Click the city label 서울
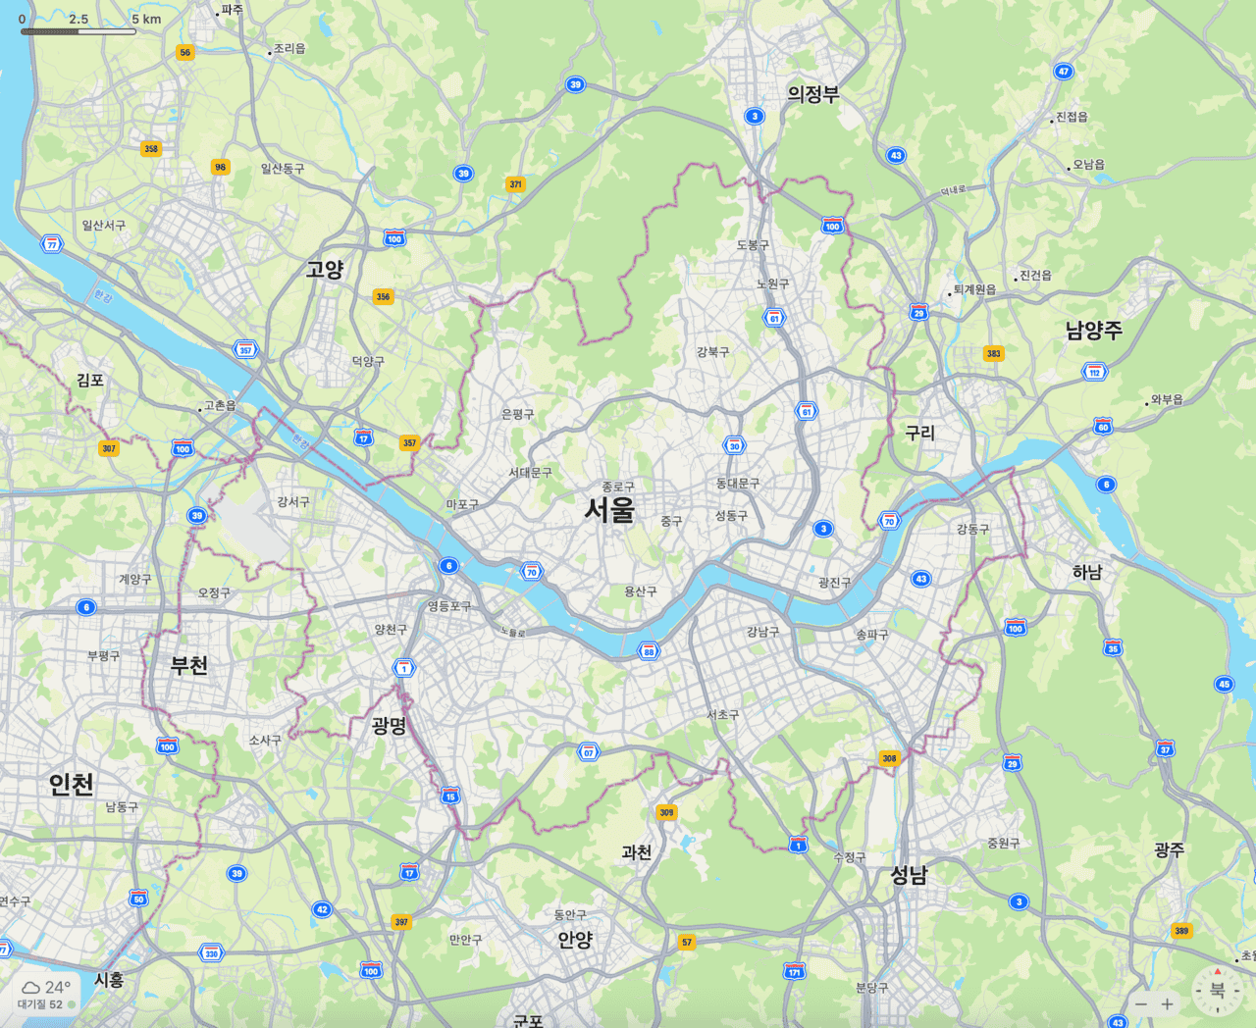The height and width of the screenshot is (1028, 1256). pyautogui.click(x=609, y=509)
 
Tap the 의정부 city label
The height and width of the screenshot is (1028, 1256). pyautogui.click(x=812, y=94)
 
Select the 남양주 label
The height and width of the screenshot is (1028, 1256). pyautogui.click(x=1093, y=331)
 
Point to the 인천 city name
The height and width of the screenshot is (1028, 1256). pyautogui.click(x=72, y=784)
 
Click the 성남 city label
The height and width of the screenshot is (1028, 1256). pyautogui.click(x=908, y=875)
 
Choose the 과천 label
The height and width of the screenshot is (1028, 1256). pyautogui.click(x=636, y=852)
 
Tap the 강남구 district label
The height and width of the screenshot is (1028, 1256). pyautogui.click(x=762, y=632)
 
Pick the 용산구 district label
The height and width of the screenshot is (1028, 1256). pyautogui.click(x=640, y=591)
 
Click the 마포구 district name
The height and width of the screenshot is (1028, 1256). pyautogui.click(x=462, y=504)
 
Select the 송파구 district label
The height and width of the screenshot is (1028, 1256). pyautogui.click(x=871, y=635)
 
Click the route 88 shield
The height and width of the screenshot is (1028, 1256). pyautogui.click(x=648, y=651)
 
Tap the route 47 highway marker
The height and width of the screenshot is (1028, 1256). pyautogui.click(x=1063, y=72)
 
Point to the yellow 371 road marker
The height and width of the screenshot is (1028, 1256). pyautogui.click(x=515, y=183)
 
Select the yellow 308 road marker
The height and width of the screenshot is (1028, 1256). pyautogui.click(x=889, y=758)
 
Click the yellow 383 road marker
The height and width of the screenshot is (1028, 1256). pyautogui.click(x=993, y=353)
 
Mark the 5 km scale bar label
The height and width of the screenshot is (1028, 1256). pyautogui.click(x=146, y=19)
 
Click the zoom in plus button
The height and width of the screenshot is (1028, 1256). pyautogui.click(x=1167, y=1003)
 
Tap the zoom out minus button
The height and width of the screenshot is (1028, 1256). pyautogui.click(x=1140, y=1003)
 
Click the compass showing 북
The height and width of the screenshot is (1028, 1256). pyautogui.click(x=1217, y=990)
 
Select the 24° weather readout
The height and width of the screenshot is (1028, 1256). pyautogui.click(x=57, y=987)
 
